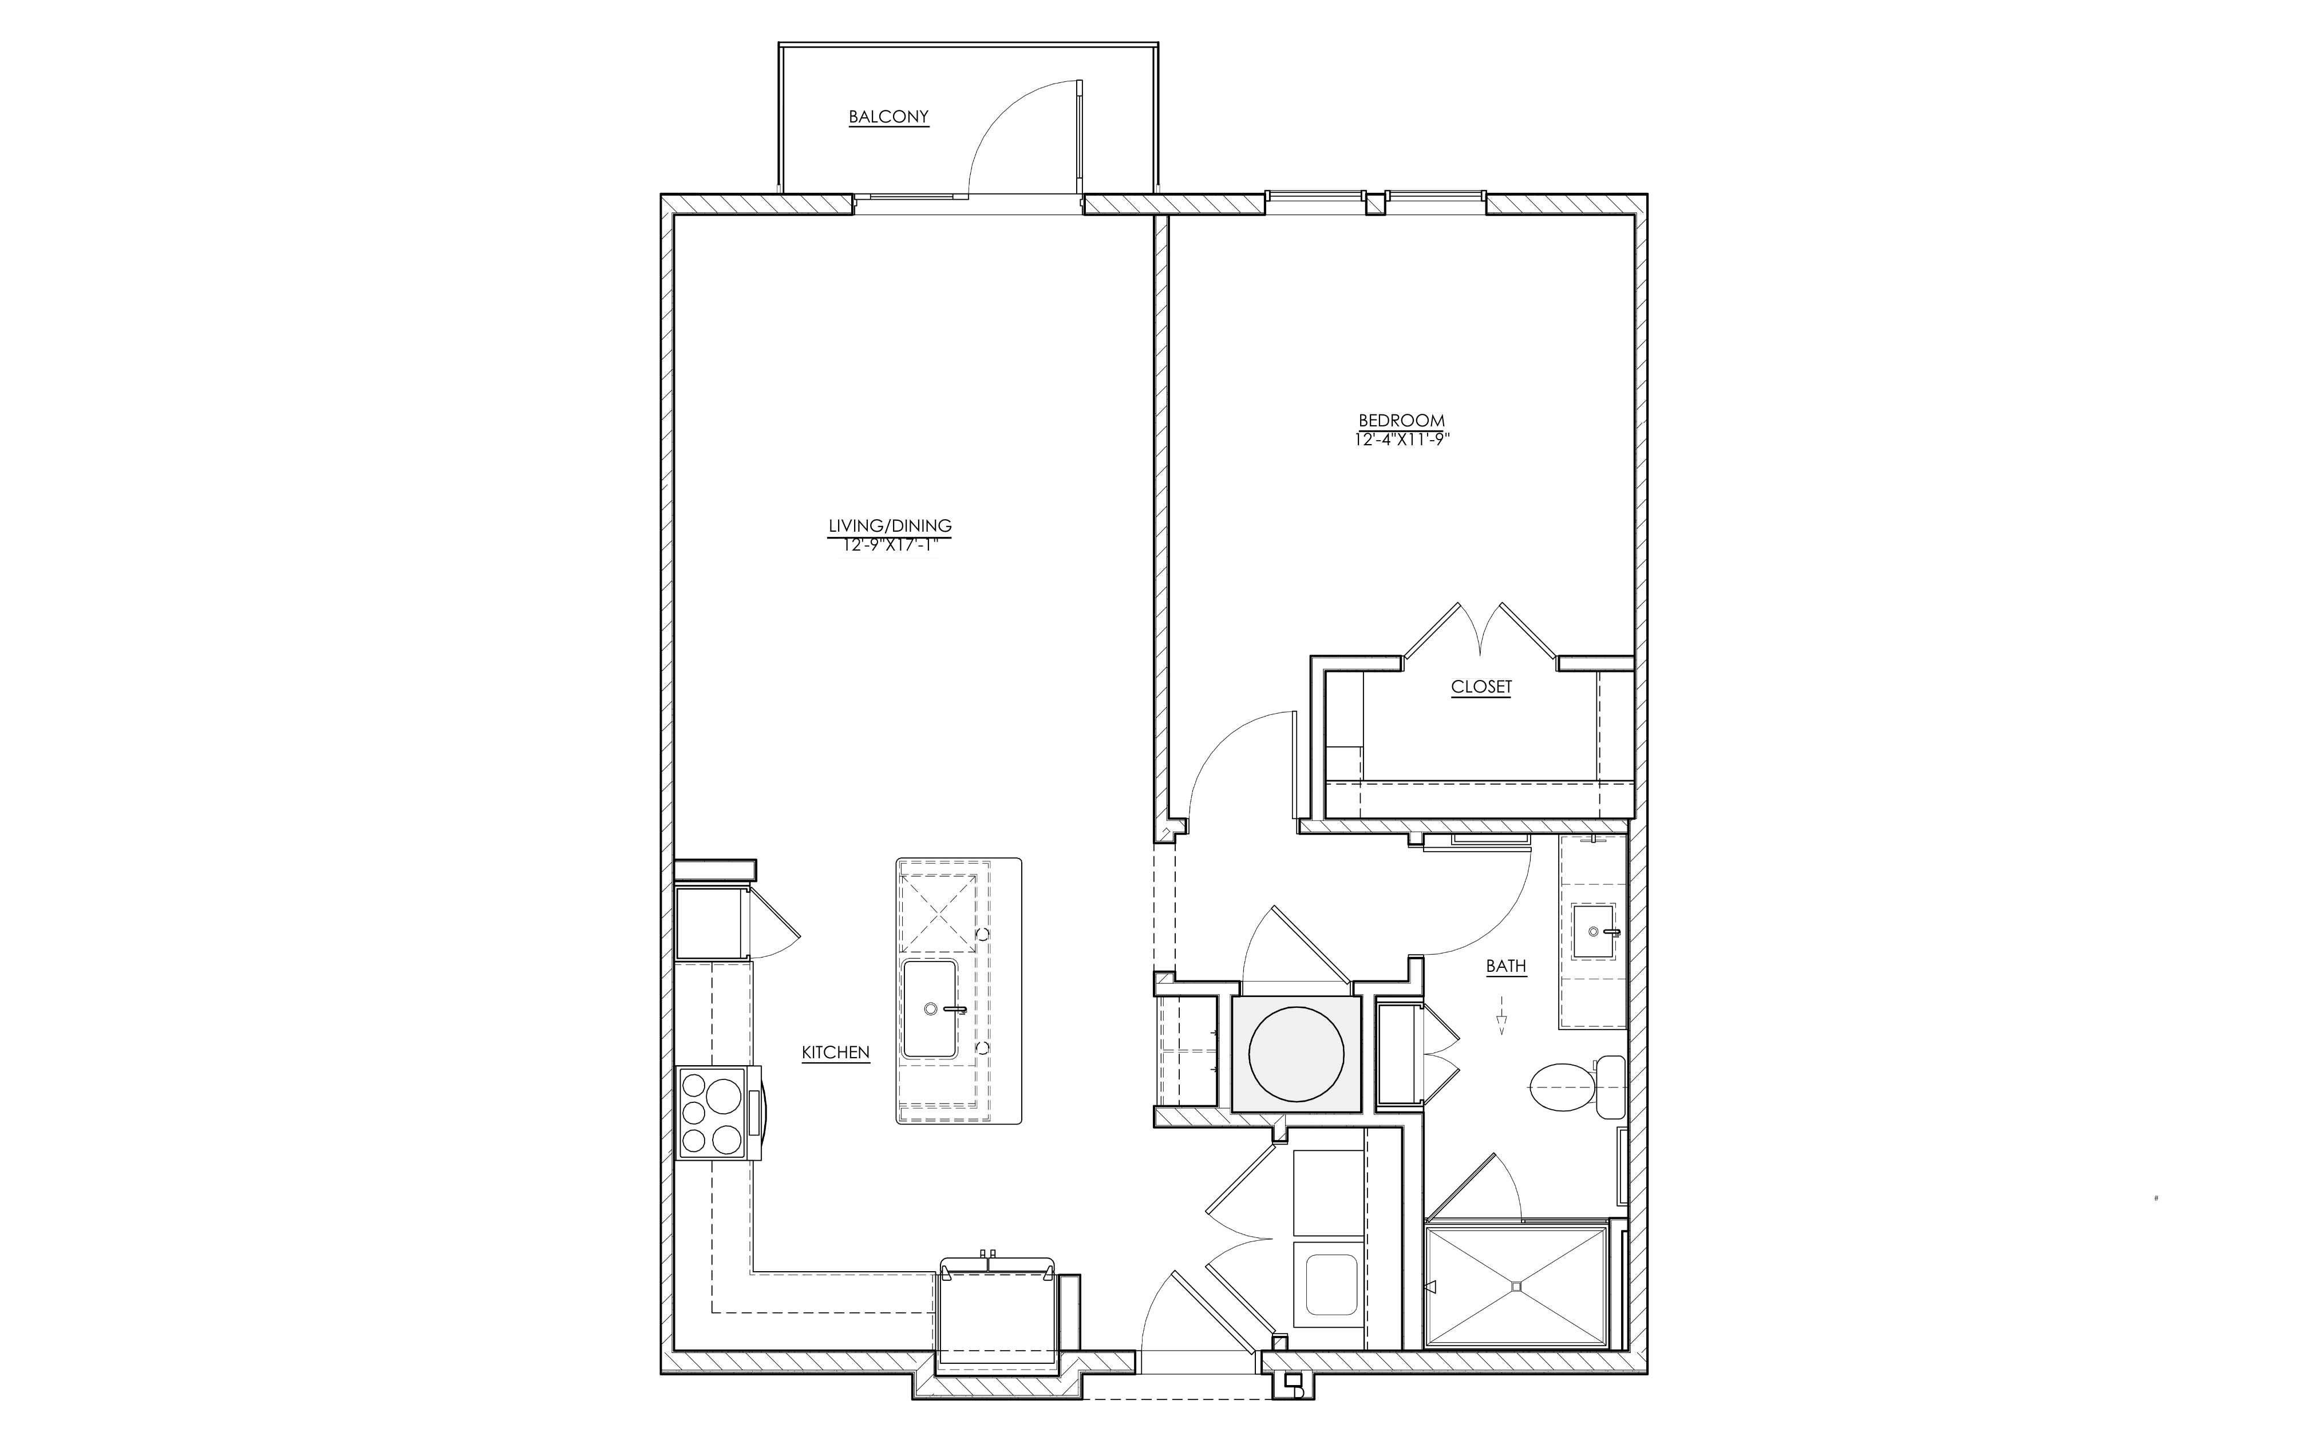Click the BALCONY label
[888, 117]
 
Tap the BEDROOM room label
[1401, 420]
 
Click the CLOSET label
[1481, 687]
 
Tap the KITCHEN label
[835, 1053]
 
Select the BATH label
[1506, 966]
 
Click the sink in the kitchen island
[930, 1008]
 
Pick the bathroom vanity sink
[1592, 931]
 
